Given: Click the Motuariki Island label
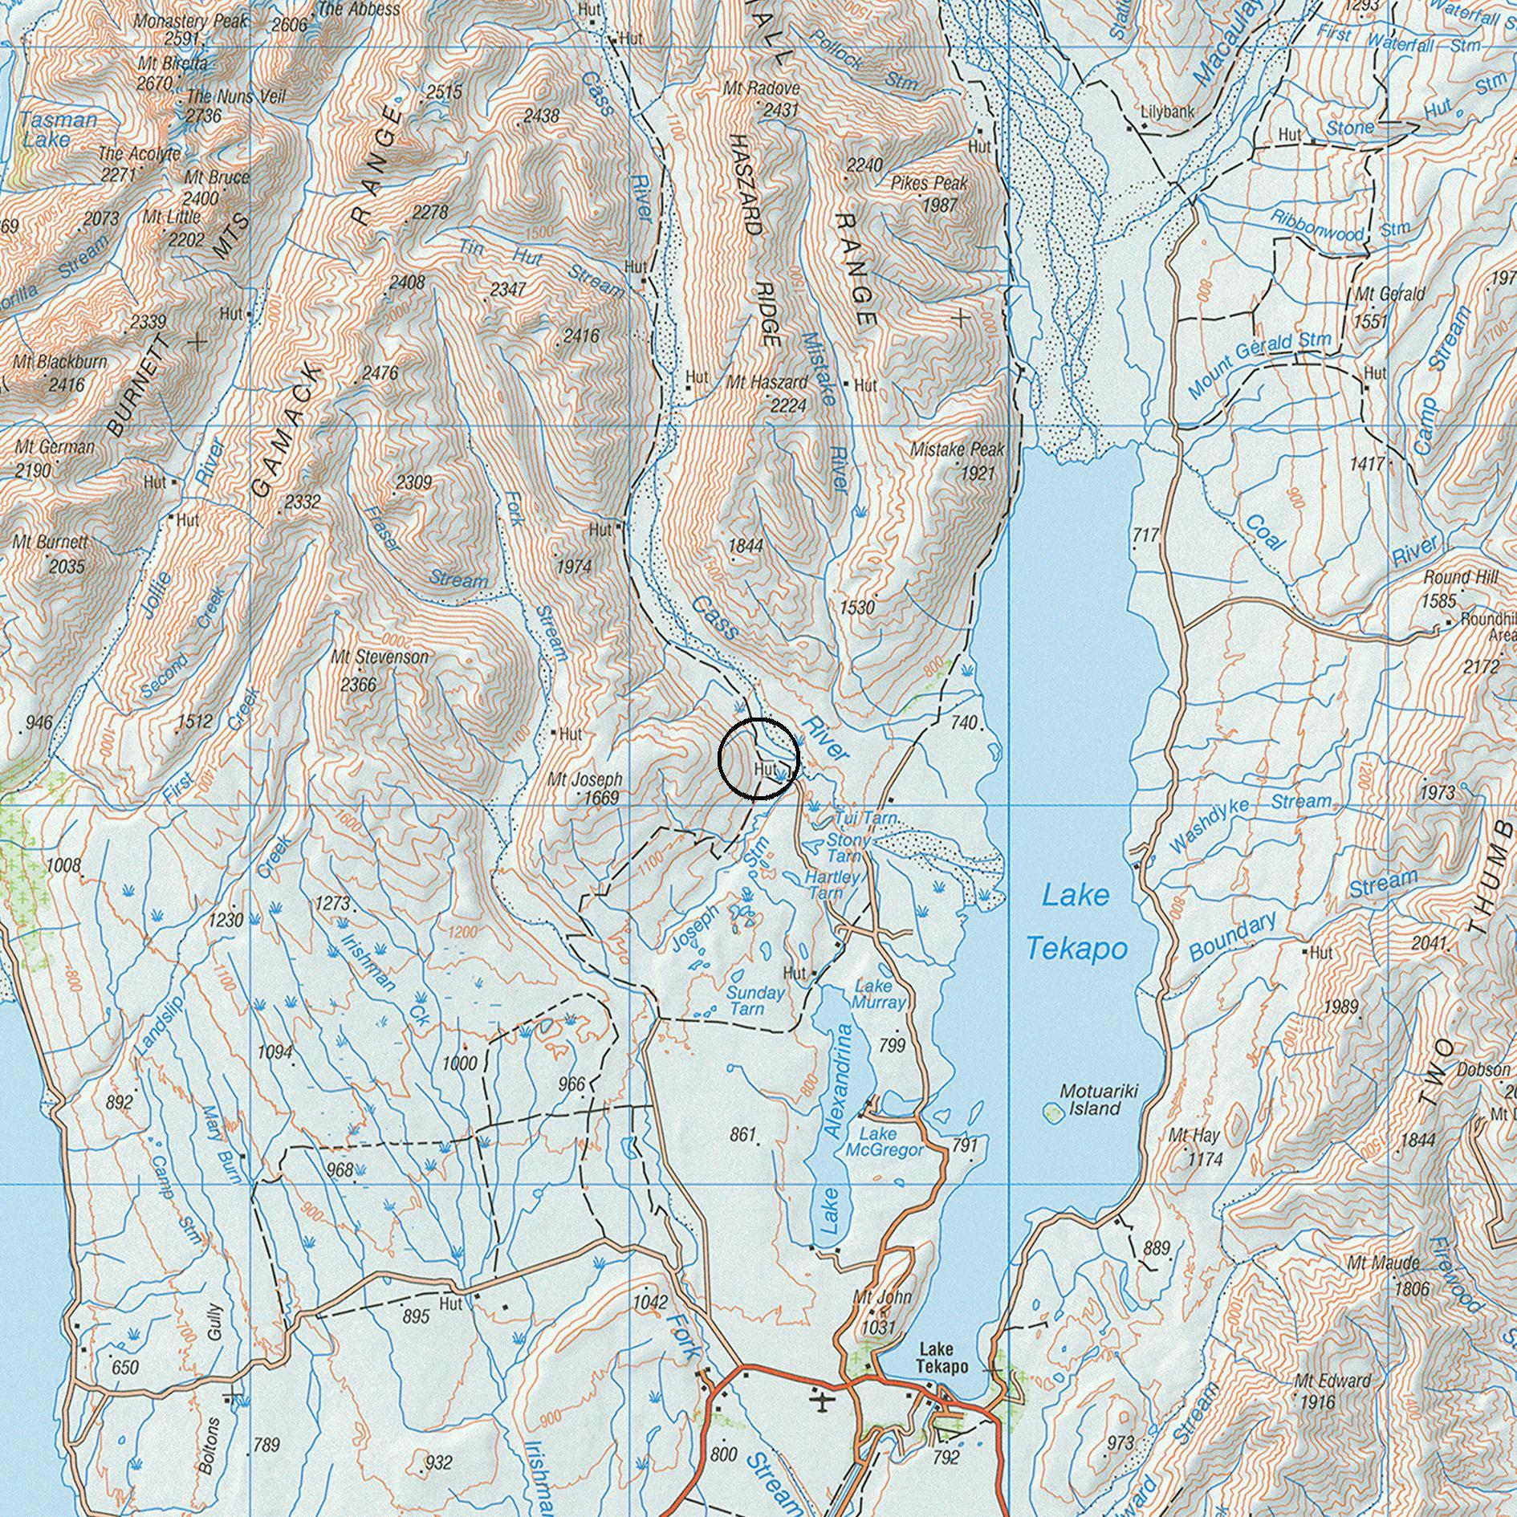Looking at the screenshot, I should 1090,1100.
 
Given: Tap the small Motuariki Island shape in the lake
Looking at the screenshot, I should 1050,1112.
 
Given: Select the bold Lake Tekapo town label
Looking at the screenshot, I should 944,1358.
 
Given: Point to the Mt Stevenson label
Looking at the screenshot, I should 380,657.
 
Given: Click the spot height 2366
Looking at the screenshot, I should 358,685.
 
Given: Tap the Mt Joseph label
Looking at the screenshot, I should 585,779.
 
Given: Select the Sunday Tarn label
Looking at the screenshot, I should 754,1000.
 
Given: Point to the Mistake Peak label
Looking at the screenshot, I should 957,450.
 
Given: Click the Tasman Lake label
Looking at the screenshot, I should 58,129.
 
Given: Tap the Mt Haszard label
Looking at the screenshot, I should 767,383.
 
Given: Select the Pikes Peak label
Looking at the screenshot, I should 929,184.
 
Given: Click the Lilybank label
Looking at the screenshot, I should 1167,112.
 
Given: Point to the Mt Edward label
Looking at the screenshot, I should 1332,1381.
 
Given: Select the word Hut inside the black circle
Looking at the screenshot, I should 766,769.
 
